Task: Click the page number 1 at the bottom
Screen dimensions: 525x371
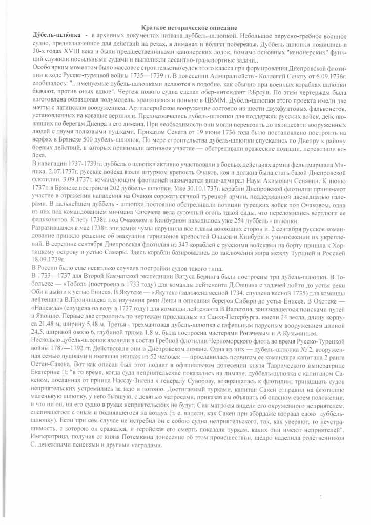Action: [320, 497]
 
